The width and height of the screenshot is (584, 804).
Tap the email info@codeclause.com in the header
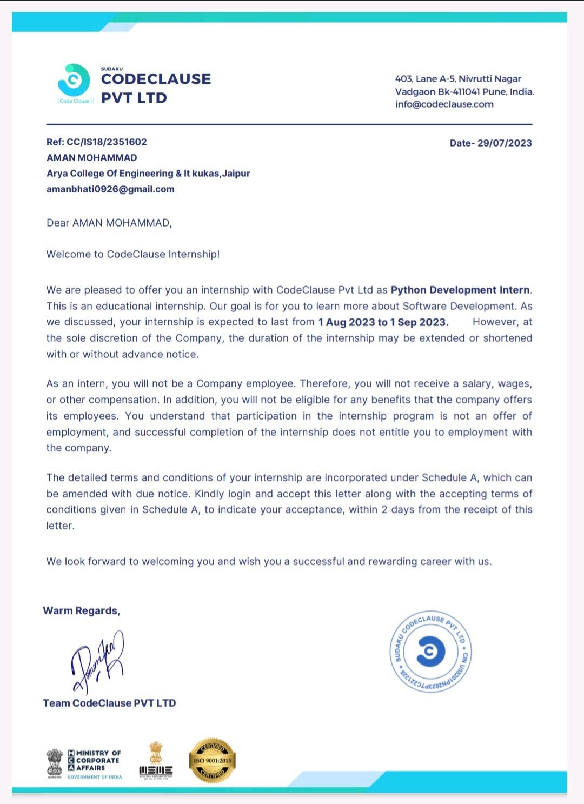click(x=444, y=104)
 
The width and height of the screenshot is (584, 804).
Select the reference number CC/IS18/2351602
click(x=107, y=142)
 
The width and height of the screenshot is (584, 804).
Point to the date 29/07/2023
click(x=505, y=143)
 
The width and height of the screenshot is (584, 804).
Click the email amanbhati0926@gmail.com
click(x=110, y=189)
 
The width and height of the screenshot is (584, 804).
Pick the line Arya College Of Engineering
click(x=148, y=174)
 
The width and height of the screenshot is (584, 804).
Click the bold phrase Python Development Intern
click(x=460, y=290)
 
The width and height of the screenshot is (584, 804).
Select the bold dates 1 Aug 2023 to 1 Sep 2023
click(x=383, y=322)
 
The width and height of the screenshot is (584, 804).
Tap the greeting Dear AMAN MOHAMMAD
click(x=109, y=223)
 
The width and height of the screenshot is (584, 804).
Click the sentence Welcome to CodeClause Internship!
click(x=133, y=255)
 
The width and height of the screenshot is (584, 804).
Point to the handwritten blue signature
click(x=98, y=662)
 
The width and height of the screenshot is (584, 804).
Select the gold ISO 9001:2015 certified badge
click(x=212, y=760)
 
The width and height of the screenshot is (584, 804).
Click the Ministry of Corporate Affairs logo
click(x=84, y=763)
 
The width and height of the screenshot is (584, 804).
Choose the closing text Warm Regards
click(x=82, y=611)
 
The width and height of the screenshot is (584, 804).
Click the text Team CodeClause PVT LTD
click(x=109, y=703)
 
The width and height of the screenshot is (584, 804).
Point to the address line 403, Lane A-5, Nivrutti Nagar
click(x=458, y=79)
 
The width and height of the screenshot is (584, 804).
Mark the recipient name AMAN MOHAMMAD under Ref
click(x=92, y=158)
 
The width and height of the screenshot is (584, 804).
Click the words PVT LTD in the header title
click(x=134, y=98)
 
